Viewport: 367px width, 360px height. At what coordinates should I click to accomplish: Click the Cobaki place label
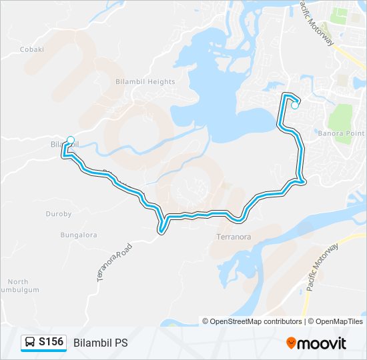tap(31, 49)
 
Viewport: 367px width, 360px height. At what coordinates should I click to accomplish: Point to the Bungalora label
tap(79, 235)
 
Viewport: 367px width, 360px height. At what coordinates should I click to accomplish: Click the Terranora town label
tap(234, 237)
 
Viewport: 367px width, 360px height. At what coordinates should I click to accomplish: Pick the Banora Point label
tap(340, 132)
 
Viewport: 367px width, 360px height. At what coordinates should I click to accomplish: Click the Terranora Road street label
tap(115, 261)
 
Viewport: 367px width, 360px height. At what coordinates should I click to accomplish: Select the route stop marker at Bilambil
tap(71, 141)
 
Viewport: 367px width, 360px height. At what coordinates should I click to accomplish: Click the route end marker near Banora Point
tap(294, 105)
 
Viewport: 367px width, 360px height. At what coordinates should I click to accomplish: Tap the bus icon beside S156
tap(30, 343)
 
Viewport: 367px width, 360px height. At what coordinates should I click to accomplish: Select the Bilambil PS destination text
tap(101, 343)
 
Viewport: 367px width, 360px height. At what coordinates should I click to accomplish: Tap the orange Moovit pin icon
tap(292, 343)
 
